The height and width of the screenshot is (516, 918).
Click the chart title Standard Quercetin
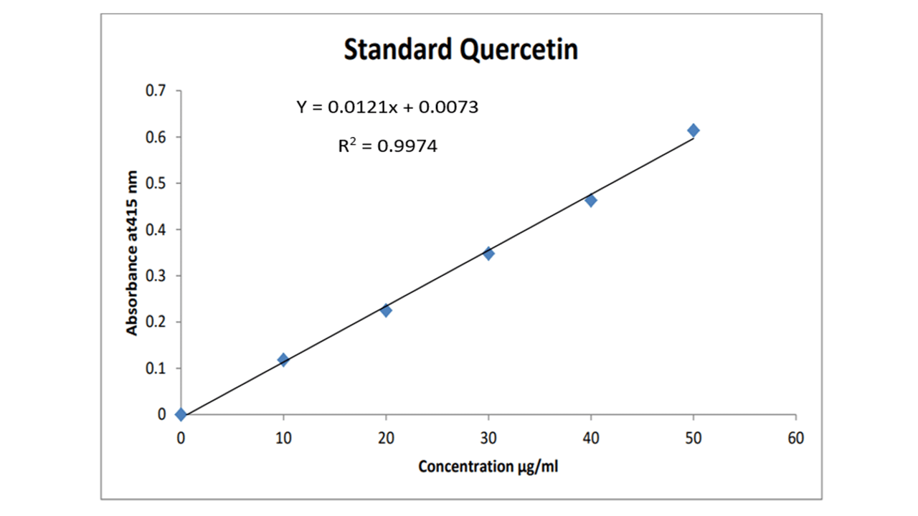coord(460,50)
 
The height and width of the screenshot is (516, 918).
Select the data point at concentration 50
coord(694,130)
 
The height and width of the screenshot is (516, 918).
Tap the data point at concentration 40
coord(591,201)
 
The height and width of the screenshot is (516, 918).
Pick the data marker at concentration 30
coord(488,254)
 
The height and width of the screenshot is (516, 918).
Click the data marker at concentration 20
coord(386,311)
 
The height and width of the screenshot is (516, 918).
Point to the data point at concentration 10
coord(283,360)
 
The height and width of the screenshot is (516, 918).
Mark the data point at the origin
coord(181,414)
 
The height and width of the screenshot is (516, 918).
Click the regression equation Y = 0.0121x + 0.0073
coord(387,107)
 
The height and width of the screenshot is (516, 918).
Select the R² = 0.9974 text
coord(387,147)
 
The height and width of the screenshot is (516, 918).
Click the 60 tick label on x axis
coord(796,439)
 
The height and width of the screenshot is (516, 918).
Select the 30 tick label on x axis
coord(488,439)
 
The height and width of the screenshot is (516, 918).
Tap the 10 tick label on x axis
coord(283,439)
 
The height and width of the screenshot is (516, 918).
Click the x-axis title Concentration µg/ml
coord(488,467)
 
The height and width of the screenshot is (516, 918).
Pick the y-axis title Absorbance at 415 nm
coord(132,252)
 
